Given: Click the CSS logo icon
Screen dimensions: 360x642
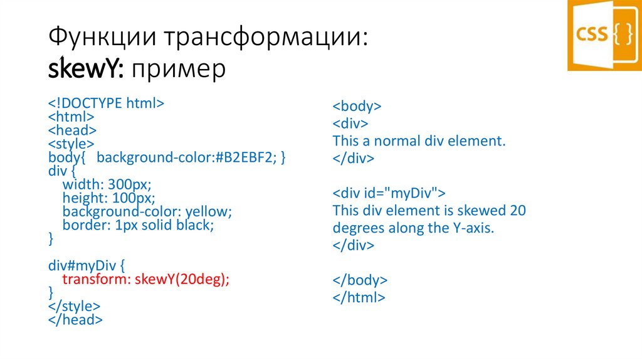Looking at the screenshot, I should click(604, 34).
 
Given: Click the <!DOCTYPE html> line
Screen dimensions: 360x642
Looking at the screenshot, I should click(107, 103).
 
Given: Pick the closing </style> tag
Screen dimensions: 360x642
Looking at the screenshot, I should click(74, 307).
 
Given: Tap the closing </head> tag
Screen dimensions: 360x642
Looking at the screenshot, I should click(75, 320).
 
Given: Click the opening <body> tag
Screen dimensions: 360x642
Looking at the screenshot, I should click(357, 106).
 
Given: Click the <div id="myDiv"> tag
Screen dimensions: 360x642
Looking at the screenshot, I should click(389, 193).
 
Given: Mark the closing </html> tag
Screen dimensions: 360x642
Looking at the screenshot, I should click(359, 297).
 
